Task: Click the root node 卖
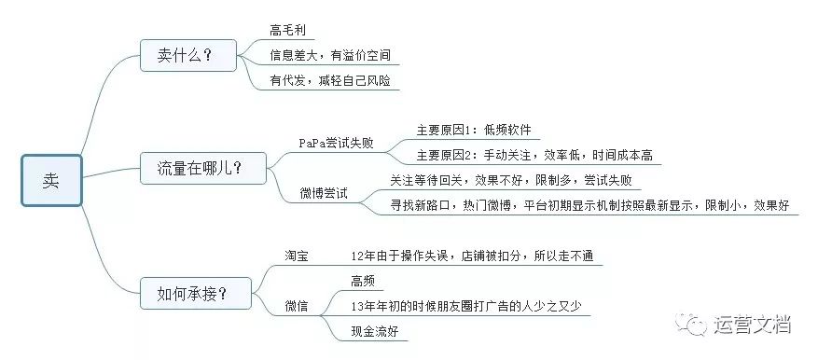(x=51, y=181)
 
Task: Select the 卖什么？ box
(x=185, y=56)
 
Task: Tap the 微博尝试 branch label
(x=323, y=193)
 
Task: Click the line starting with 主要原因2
(x=534, y=156)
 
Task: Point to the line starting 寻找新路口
(x=591, y=205)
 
